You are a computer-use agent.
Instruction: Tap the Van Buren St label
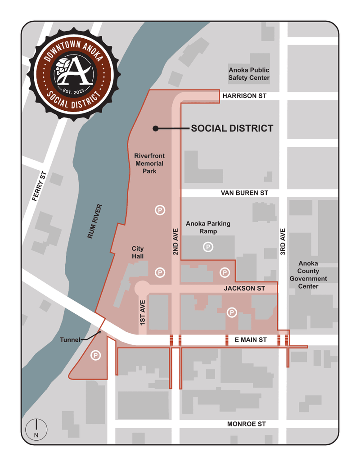(x=244, y=193)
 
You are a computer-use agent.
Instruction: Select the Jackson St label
(x=244, y=288)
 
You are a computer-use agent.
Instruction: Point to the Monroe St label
(x=246, y=424)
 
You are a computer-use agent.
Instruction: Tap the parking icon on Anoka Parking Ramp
(x=208, y=247)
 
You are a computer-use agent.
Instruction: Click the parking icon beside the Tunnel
(x=95, y=356)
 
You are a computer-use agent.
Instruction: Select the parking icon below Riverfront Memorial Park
(x=159, y=209)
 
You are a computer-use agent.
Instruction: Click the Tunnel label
(x=70, y=340)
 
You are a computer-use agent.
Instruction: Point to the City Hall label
(x=137, y=252)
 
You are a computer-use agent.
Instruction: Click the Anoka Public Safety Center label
(x=249, y=74)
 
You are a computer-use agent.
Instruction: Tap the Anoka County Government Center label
(x=308, y=275)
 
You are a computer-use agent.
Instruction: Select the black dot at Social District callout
(x=155, y=128)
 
